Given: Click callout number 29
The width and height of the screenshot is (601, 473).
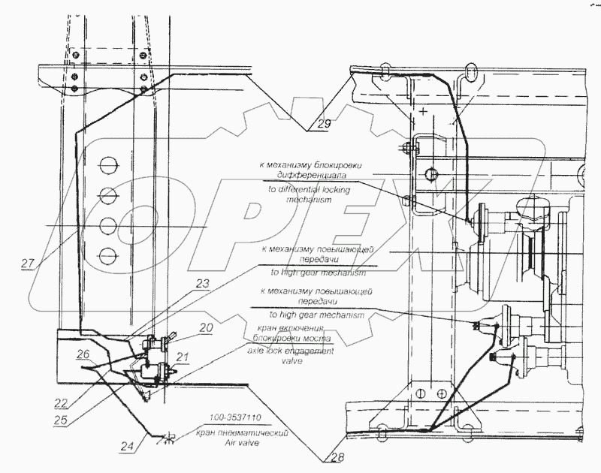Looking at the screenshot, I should click(x=323, y=125).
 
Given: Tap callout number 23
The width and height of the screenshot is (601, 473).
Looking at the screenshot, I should click(x=182, y=283).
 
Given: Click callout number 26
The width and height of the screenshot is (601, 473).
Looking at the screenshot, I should click(x=85, y=354).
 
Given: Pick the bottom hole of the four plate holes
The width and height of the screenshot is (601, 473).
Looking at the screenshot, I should click(x=108, y=253).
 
